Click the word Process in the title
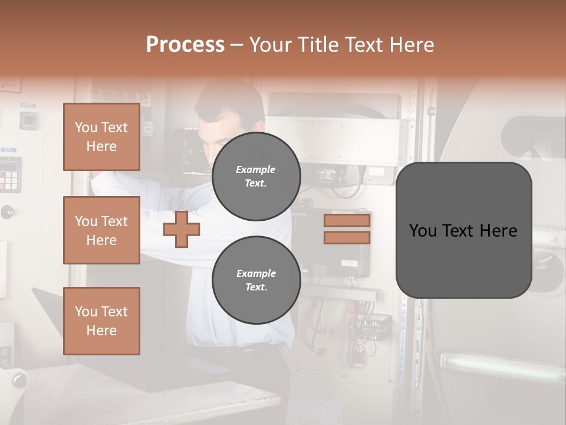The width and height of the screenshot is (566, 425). [185, 45]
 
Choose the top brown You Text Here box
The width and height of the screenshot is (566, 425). [101, 137]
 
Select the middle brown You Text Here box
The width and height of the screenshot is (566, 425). [101, 230]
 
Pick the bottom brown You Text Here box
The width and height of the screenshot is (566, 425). [101, 321]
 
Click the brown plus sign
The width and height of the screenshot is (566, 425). [182, 230]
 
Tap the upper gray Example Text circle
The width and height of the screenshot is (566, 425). [256, 176]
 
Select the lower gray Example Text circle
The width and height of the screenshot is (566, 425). [256, 280]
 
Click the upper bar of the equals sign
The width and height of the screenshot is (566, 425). [347, 220]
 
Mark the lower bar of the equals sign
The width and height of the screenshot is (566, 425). [347, 237]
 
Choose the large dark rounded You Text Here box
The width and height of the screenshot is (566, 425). [463, 230]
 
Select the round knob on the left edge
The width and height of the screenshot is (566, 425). [7, 211]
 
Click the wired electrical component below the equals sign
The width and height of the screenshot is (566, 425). [375, 325]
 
